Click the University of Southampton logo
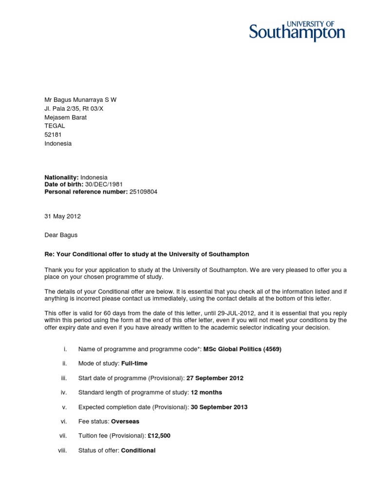click(297, 31)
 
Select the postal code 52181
click(54, 134)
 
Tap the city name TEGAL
click(55, 126)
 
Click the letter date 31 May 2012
click(63, 216)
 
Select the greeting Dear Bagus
click(61, 235)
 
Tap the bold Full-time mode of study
click(134, 364)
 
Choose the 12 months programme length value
click(206, 392)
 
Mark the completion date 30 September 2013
click(219, 407)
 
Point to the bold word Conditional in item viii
click(138, 450)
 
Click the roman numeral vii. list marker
click(63, 436)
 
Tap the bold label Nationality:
click(62, 177)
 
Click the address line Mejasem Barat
click(66, 117)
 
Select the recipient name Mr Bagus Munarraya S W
click(80, 100)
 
